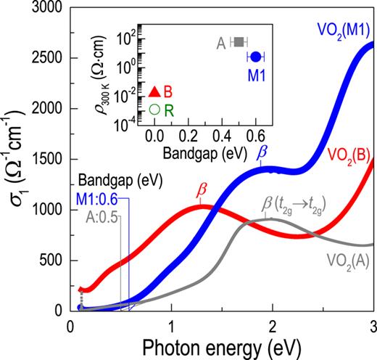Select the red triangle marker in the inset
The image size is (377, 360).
coord(154,91)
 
